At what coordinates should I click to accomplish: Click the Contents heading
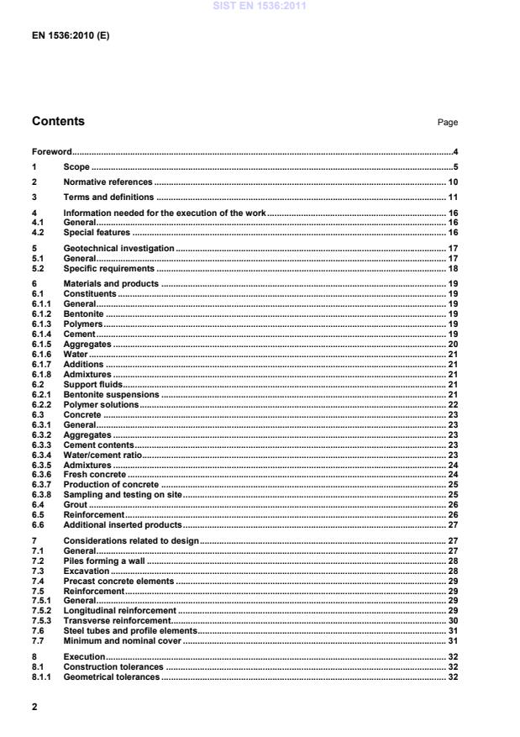(58, 121)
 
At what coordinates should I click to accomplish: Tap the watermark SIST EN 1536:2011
(260, 6)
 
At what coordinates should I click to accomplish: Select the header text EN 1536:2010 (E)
(71, 36)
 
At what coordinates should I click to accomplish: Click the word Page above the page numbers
(447, 123)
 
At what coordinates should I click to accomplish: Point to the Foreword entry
(51, 152)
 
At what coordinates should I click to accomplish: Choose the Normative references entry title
(108, 182)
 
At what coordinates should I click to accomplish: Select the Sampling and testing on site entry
(123, 495)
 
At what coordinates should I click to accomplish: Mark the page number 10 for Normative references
(451, 182)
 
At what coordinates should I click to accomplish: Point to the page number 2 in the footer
(34, 707)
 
